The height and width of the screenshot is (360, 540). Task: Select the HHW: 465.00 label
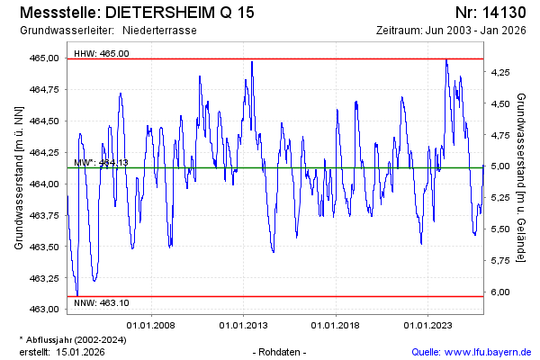[102, 53]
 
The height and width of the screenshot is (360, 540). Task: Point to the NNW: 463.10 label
[102, 302]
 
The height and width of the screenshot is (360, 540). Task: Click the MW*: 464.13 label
[102, 163]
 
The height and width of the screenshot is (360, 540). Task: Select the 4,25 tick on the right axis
[501, 72]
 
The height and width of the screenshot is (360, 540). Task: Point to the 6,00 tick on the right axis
[501, 292]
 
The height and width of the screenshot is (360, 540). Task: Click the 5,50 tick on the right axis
[501, 229]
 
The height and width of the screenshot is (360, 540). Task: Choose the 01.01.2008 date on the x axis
[151, 325]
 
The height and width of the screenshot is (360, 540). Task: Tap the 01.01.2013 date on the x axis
[244, 325]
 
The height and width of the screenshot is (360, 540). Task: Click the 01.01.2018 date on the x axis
[337, 325]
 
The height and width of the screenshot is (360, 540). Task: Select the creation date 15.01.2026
[82, 351]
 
